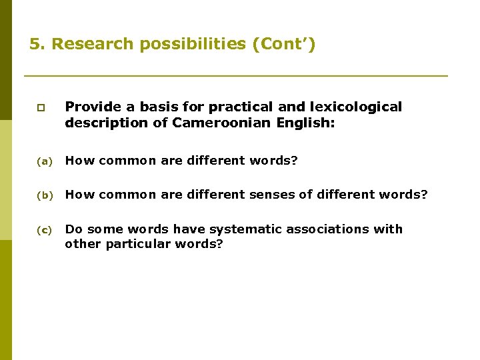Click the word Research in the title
[85, 45]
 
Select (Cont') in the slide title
[283, 45]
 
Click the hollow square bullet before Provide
[41, 107]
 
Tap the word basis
[157, 107]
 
